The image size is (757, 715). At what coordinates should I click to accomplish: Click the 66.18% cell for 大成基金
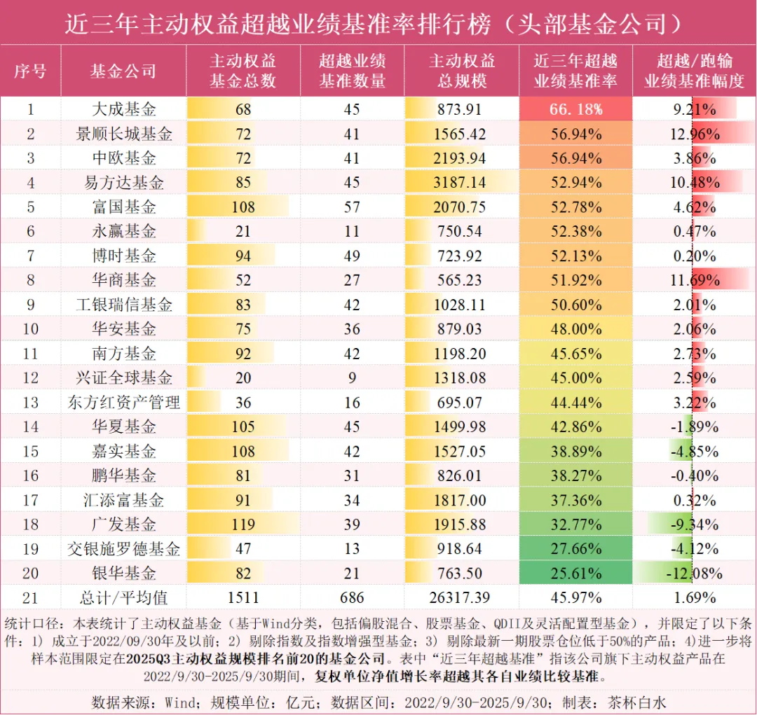pos(575,109)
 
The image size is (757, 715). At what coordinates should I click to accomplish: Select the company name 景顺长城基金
pos(124,134)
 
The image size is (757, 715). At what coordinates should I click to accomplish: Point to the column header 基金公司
pos(123,71)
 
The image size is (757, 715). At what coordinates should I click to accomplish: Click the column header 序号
pos(30,71)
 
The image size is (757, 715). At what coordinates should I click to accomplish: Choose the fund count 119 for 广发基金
pos(243,525)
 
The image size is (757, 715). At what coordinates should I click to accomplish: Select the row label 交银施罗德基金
pos(124,549)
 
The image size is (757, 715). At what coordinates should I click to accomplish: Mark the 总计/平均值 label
pos(124,598)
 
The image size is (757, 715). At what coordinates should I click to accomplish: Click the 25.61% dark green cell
pos(575,574)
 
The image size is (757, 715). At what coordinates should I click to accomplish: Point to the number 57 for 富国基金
pos(352,207)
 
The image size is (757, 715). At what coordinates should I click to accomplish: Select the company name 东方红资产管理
pos(124,403)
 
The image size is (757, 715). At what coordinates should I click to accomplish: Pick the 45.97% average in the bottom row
pos(575,598)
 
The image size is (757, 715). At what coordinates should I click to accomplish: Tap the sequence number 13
pos(30,403)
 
